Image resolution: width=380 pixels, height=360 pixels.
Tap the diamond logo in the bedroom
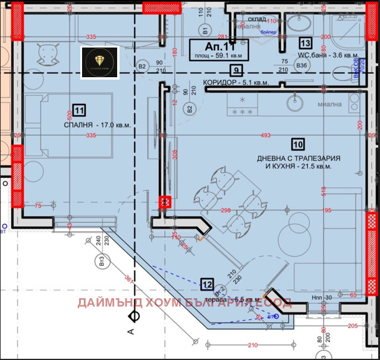point(100,62)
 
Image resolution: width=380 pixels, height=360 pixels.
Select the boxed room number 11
point(80,109)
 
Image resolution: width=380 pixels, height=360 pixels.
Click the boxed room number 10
point(297,143)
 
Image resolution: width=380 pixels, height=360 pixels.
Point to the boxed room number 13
point(305,43)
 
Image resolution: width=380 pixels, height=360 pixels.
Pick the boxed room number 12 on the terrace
point(207,283)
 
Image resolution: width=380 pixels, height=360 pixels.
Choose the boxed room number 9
point(236,70)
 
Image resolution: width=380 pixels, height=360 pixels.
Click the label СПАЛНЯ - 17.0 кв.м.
point(97,125)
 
